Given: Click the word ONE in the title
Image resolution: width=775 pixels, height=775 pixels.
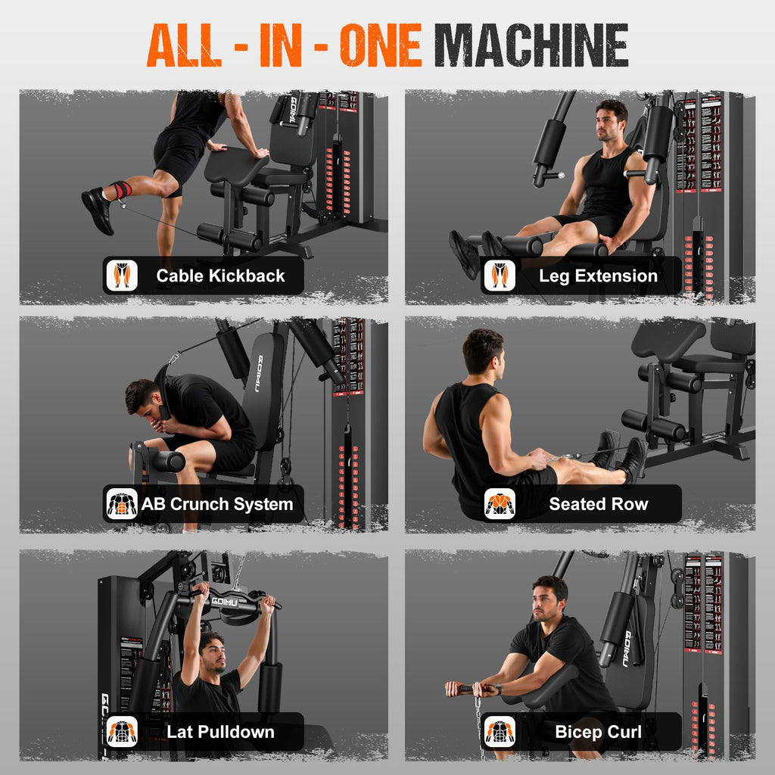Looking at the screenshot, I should [x=380, y=45].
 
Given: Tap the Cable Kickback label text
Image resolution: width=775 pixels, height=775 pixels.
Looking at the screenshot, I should [x=220, y=276].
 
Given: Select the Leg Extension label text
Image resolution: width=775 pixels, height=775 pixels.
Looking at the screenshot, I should [x=598, y=276].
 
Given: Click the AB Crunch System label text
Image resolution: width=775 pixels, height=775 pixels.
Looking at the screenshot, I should [x=216, y=504].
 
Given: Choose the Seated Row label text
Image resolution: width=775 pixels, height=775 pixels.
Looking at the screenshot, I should [x=598, y=504].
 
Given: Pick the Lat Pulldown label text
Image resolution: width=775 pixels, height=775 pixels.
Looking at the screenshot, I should [x=220, y=732].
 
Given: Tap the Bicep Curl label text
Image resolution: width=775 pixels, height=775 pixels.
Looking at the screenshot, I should [x=598, y=732].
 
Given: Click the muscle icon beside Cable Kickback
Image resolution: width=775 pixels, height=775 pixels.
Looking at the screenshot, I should [x=122, y=275].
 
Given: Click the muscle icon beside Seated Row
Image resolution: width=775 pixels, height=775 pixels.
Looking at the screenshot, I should [x=500, y=503].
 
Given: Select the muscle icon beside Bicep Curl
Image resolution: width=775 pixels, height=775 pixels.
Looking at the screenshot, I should [x=500, y=732].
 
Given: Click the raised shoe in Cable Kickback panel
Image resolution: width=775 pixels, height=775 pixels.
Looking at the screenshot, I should [x=98, y=209].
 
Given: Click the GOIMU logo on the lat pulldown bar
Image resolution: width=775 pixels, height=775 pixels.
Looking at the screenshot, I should [x=226, y=602].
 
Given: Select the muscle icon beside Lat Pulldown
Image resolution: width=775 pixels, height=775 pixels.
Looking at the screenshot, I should [x=122, y=732].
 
